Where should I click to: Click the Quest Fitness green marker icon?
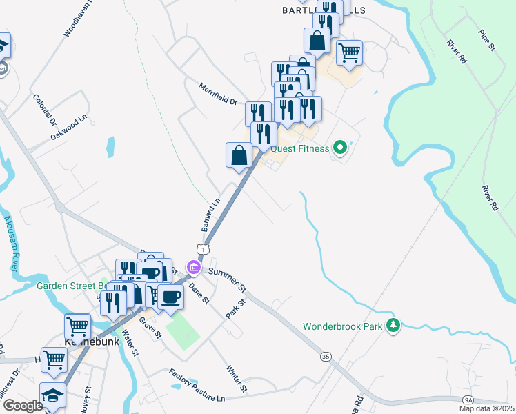point(339,148)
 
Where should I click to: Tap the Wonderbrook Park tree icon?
point(393,325)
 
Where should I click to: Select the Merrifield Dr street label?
point(217,95)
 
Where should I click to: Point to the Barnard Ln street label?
point(210,215)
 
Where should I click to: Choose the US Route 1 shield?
point(202,247)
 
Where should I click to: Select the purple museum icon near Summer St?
point(194,268)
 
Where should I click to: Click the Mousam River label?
point(11,244)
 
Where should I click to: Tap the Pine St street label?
point(487,39)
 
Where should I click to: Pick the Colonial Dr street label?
point(43,109)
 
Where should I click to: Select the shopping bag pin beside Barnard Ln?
point(239,155)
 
